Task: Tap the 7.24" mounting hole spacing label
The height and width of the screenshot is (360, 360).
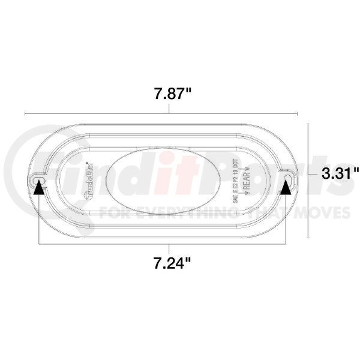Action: pos(169,262)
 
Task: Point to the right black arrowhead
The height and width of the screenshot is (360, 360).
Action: pos(287,188)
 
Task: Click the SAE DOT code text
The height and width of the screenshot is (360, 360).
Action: pos(235,180)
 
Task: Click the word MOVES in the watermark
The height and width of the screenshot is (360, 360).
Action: pos(327,212)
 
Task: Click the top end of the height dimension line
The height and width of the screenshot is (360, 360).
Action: pos(308,124)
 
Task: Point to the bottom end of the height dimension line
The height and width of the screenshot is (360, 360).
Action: pos(308,235)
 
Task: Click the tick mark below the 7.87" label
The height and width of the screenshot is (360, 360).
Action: pos(169,109)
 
